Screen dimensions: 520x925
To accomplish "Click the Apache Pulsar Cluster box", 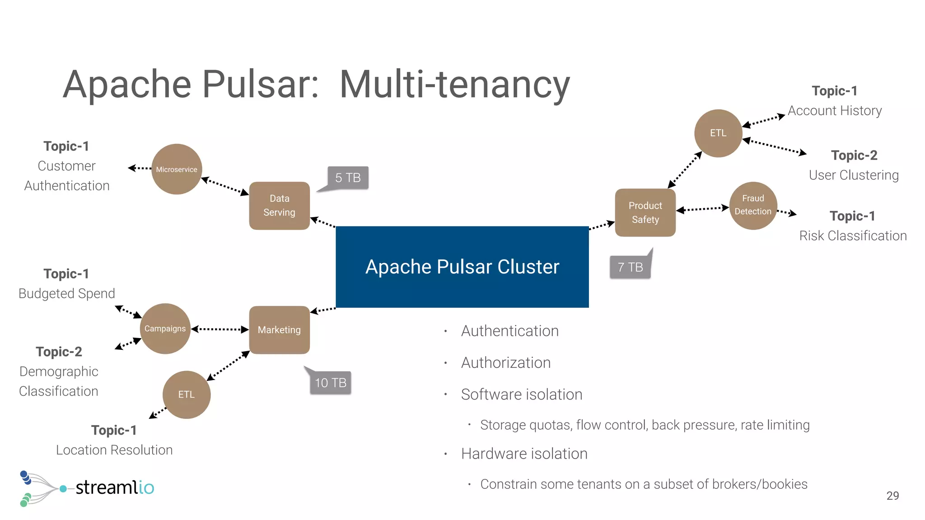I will [462, 267].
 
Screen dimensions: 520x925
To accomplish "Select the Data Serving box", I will [279, 206].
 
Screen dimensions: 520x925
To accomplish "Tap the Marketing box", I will [279, 330].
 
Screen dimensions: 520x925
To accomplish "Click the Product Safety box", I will [645, 213].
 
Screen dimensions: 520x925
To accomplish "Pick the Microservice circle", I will [177, 169].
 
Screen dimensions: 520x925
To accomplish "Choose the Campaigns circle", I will [165, 329].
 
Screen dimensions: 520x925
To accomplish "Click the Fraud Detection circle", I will [753, 205].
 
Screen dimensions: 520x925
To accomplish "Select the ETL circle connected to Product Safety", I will [718, 133].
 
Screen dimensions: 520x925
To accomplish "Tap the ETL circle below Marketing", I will [187, 395].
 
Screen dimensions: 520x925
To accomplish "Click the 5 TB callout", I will [348, 178].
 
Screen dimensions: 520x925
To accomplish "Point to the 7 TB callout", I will [630, 267].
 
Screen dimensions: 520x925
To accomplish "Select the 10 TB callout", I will [331, 383].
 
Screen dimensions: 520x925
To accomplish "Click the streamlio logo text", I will [115, 487].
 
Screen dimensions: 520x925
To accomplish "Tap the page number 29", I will [892, 496].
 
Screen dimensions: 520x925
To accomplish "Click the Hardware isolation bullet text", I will [524, 454].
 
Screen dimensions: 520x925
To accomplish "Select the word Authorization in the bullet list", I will [506, 363].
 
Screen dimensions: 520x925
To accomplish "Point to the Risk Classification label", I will [853, 236].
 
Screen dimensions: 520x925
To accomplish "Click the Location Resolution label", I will [114, 450].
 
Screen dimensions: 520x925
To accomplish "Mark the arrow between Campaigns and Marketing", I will [220, 330].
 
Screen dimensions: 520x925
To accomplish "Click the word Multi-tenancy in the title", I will [454, 85].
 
